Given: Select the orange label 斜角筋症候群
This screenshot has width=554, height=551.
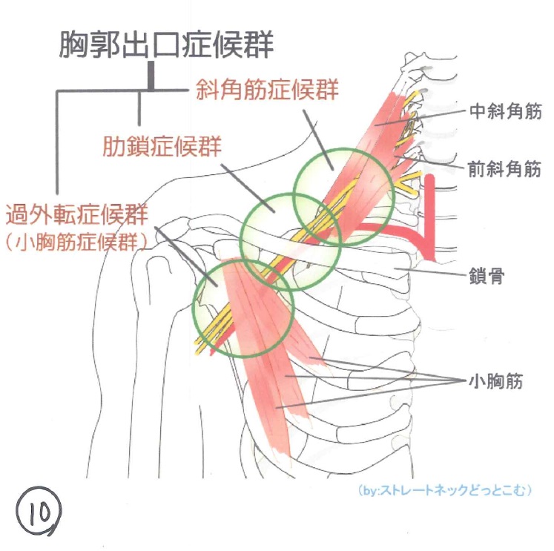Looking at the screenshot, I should tap(267, 90).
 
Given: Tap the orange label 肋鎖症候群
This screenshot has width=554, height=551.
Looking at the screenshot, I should tap(162, 146).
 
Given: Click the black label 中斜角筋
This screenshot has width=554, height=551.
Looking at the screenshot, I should tap(506, 112).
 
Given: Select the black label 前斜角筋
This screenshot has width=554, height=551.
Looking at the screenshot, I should tap(506, 168).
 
